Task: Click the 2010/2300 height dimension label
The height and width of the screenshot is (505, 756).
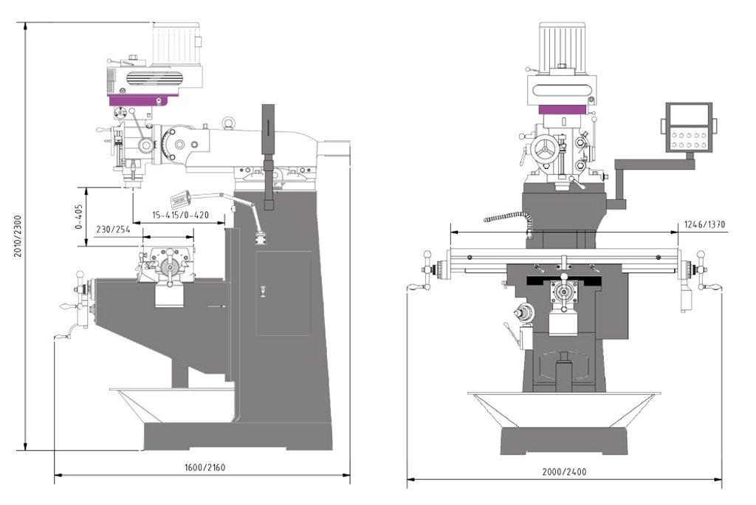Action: point(18,236)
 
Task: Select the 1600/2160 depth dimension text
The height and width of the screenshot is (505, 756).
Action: point(205,467)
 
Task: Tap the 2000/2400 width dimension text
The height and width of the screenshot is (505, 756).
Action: point(564,472)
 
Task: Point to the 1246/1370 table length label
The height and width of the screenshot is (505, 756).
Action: point(704,224)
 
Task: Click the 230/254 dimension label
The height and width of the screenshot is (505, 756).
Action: point(113,229)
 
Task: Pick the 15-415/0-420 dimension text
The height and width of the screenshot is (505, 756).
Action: point(180,215)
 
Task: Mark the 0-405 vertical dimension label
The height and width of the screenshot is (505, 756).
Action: point(79,216)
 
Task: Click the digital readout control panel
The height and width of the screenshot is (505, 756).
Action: point(689,127)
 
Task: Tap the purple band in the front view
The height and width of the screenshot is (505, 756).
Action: point(562,109)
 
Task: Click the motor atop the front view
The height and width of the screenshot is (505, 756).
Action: point(562,47)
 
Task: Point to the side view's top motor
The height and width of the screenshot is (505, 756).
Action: point(176,44)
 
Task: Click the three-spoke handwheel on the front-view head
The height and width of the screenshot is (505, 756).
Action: point(544,151)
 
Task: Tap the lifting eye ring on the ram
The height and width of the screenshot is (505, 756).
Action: point(229,122)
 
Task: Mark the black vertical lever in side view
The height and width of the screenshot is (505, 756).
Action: point(269,157)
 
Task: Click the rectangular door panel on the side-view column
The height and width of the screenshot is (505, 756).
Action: point(283,293)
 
